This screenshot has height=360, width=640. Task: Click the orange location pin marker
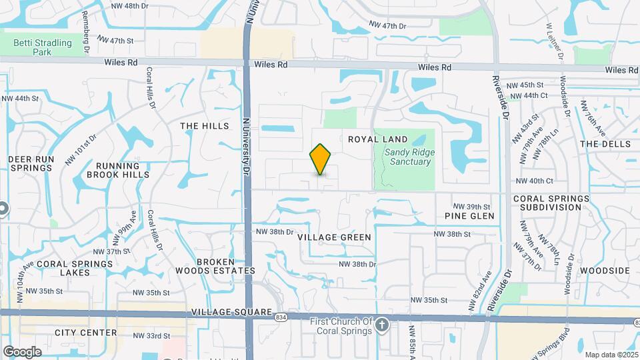click(321, 159)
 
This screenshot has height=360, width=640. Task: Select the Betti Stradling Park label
click(43, 47)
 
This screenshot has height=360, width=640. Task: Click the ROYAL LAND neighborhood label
click(378, 139)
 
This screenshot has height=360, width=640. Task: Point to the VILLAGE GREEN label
click(334, 237)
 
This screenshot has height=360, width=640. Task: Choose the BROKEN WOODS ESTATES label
click(215, 266)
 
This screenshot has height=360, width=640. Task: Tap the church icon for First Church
click(381, 325)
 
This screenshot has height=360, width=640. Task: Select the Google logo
click(22, 351)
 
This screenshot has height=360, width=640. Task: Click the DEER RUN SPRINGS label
click(30, 163)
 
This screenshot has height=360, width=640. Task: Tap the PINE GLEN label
click(470, 216)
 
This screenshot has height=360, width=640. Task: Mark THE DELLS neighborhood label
click(605, 144)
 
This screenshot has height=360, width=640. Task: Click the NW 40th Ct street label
click(535, 181)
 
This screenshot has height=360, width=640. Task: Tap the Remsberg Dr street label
click(85, 31)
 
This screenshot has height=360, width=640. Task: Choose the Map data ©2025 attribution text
click(611, 355)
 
